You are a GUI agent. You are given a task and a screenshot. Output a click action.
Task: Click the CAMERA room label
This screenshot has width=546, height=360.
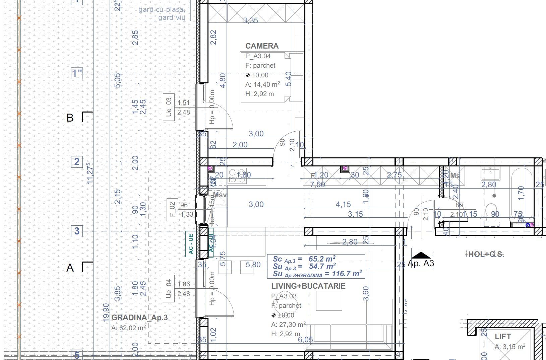262,46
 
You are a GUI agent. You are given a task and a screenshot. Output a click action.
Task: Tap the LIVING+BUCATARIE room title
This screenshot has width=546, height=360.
308,286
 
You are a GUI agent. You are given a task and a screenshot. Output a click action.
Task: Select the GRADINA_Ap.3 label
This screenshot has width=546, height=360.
139,317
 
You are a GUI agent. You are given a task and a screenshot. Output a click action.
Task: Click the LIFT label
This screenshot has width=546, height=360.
503,336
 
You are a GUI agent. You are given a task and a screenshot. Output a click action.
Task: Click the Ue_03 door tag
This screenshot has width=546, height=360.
169,107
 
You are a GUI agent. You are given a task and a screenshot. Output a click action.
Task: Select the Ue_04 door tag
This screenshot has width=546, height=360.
169,289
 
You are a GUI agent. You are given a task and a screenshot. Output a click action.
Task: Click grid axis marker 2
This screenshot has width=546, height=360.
77,162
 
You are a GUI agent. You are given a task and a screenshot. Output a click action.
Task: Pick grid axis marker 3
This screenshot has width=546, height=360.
77,231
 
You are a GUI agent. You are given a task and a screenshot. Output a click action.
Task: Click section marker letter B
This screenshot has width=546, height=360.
70,118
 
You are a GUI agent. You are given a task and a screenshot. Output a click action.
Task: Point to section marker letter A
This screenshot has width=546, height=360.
70,268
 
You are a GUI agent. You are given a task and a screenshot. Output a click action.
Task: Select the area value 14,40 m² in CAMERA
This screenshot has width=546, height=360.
262,85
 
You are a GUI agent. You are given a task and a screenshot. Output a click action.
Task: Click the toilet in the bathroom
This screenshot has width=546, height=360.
491,211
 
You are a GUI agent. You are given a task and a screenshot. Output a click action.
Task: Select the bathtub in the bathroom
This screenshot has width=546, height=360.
521,194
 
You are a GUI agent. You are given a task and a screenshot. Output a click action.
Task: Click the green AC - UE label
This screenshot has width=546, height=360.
190,243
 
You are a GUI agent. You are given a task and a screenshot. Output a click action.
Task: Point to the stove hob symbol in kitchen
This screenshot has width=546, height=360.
237,176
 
